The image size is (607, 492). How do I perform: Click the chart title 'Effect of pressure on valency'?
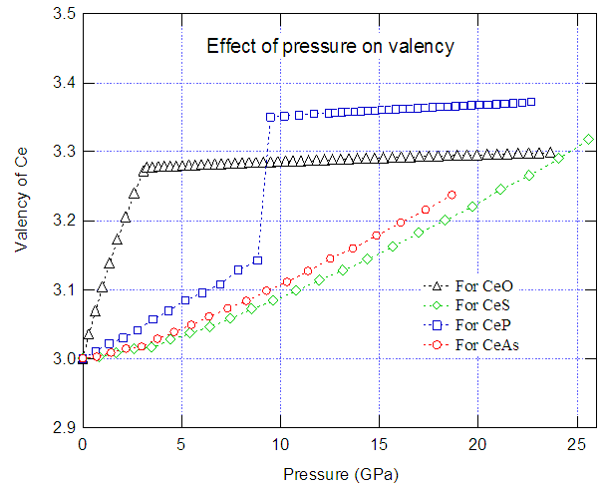pyautogui.click(x=330, y=46)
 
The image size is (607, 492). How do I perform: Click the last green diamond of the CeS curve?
pyautogui.click(x=588, y=140)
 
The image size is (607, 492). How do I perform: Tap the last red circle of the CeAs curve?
pyautogui.click(x=452, y=195)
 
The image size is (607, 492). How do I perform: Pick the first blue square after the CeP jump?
pyautogui.click(x=270, y=117)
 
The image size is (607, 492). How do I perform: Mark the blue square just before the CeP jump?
pyautogui.click(x=257, y=260)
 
